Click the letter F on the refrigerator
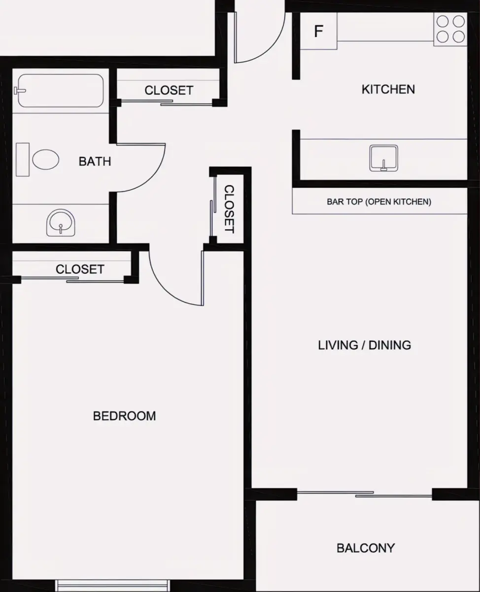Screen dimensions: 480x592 (319, 31)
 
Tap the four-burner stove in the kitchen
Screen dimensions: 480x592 (450, 29)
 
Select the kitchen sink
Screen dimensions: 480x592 (384, 158)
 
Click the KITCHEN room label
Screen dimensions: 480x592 (388, 89)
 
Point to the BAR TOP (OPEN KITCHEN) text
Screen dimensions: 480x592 (379, 202)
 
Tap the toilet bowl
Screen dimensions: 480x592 (45, 159)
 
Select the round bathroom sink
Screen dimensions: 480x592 (61, 223)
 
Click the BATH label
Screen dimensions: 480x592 (95, 161)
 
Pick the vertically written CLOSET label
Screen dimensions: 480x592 (229, 209)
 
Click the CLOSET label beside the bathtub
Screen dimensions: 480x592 (169, 90)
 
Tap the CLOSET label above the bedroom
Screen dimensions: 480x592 (80, 269)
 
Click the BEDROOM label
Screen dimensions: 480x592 (124, 416)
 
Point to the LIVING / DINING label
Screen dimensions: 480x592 (364, 345)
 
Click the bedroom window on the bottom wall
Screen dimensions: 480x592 (112, 586)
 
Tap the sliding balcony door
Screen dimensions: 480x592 (365, 494)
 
